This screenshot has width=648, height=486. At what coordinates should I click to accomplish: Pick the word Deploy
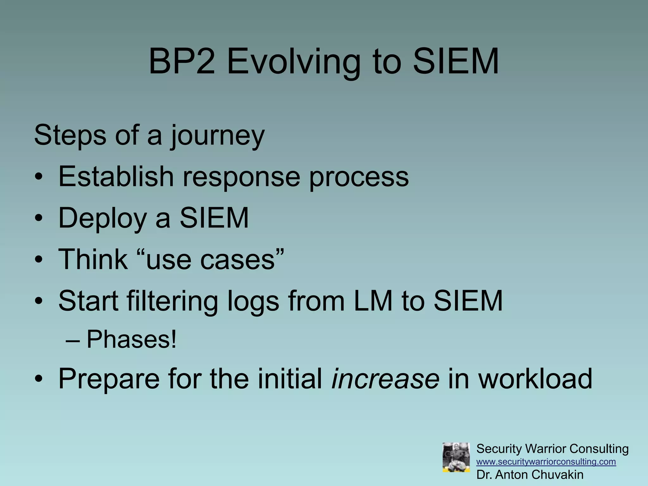coord(102,219)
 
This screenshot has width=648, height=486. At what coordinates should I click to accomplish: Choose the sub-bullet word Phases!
coord(131,340)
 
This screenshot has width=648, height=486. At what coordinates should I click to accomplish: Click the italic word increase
coord(385,379)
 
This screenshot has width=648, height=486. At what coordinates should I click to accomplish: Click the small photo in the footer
coord(456,458)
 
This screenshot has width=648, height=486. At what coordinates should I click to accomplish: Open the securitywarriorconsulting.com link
coord(546,462)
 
